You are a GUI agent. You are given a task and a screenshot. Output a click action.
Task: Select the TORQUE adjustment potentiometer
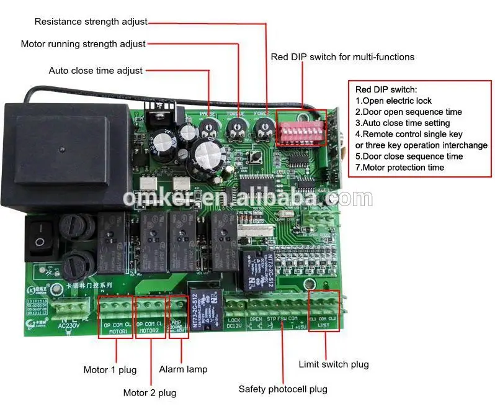pyautogui.click(x=236, y=129)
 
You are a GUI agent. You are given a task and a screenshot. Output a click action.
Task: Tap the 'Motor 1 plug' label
pyautogui.click(x=110, y=370)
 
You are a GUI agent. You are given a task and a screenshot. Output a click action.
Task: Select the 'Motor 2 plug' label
pyautogui.click(x=149, y=392)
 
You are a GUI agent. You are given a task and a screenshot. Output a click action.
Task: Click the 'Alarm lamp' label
pyautogui.click(x=183, y=369)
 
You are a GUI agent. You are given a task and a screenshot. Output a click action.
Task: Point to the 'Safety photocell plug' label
pyautogui.click(x=283, y=389)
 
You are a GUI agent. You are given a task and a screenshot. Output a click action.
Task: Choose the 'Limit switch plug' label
pyautogui.click(x=334, y=364)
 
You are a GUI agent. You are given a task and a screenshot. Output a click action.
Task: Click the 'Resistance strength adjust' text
pyautogui.click(x=91, y=22)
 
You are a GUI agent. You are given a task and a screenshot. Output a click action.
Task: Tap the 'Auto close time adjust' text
pyautogui.click(x=96, y=71)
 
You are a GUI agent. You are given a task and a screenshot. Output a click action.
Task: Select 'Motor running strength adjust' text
pyautogui.click(x=83, y=44)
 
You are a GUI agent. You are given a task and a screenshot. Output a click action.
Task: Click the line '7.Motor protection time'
pyautogui.click(x=399, y=168)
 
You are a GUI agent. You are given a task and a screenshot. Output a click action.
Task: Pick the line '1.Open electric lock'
pyautogui.click(x=393, y=101)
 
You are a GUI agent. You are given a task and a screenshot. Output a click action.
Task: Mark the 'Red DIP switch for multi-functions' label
pyautogui.click(x=342, y=57)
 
